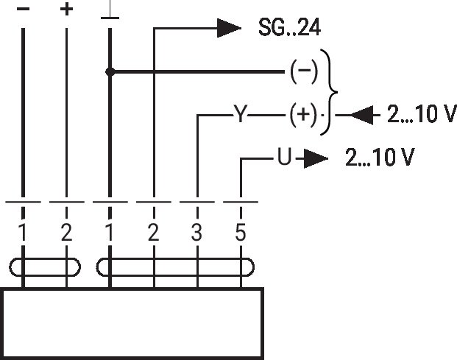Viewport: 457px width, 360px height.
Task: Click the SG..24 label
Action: (x=289, y=27)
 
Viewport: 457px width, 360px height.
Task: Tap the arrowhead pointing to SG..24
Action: (x=229, y=28)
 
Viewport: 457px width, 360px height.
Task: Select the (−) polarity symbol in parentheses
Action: (x=304, y=71)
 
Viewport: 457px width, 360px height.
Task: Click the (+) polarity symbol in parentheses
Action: (x=303, y=114)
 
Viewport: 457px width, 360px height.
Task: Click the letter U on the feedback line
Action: (x=284, y=157)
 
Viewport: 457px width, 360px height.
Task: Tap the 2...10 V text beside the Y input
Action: (x=422, y=113)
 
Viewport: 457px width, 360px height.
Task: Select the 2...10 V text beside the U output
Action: (x=380, y=157)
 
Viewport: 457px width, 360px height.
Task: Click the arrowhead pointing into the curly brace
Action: (x=361, y=115)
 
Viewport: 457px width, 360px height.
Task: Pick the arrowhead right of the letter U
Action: (x=316, y=159)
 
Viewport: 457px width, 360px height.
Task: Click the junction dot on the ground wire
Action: (x=110, y=71)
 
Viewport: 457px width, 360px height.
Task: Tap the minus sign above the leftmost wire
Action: (x=24, y=10)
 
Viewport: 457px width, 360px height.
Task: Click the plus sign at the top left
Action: (x=66, y=10)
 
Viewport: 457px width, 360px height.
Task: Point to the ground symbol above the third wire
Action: (x=110, y=10)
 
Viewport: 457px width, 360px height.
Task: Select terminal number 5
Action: (x=241, y=233)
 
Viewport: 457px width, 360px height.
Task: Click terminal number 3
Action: (x=196, y=233)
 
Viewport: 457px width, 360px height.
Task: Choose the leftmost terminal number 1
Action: (x=22, y=233)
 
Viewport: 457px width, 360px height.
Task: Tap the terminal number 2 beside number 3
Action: (x=154, y=233)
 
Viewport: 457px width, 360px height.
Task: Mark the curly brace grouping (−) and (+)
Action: (x=330, y=92)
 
